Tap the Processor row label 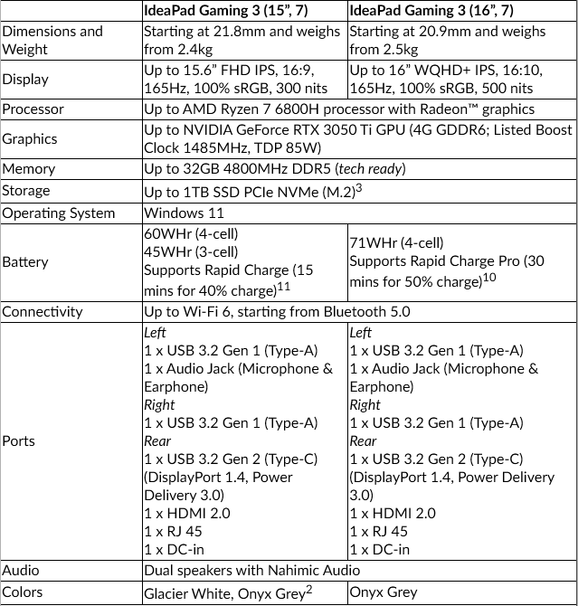pyautogui.click(x=33, y=109)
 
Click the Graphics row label pyautogui.click(x=30, y=138)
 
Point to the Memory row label pyautogui.click(x=28, y=168)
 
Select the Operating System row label pyautogui.click(x=58, y=213)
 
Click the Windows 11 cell pyautogui.click(x=181, y=213)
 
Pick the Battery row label pyautogui.click(x=25, y=261)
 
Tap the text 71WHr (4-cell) pyautogui.click(x=396, y=242)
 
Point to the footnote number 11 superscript pyautogui.click(x=283, y=285)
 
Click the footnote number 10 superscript pyautogui.click(x=488, y=276)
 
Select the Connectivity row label pyautogui.click(x=42, y=311)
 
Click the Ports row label pyautogui.click(x=19, y=440)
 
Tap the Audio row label pyautogui.click(x=21, y=570)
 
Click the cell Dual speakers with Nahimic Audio pyautogui.click(x=251, y=570)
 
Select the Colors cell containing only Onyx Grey pyautogui.click(x=384, y=592)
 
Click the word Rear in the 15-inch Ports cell pyautogui.click(x=157, y=440)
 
